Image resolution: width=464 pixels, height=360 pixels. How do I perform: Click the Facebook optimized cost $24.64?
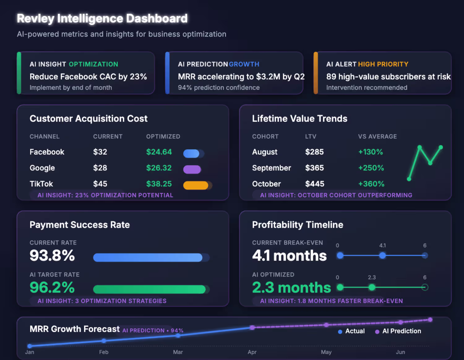[159, 152]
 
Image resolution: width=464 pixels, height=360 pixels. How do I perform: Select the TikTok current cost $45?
[100, 184]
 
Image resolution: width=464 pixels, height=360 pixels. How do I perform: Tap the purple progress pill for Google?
[192, 169]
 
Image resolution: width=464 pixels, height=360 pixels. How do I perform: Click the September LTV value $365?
[314, 168]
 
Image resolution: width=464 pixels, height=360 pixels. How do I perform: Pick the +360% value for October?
[371, 184]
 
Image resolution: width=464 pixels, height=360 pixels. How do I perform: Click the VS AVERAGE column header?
[377, 137]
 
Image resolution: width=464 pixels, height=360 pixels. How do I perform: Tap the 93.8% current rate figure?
[52, 256]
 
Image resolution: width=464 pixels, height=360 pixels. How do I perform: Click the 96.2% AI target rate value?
[52, 288]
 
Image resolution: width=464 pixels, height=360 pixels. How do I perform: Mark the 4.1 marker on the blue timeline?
[383, 255]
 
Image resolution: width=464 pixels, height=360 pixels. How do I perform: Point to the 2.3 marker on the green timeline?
[372, 288]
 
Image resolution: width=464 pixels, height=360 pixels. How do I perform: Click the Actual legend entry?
[352, 331]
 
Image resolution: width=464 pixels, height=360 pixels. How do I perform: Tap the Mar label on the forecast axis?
[178, 352]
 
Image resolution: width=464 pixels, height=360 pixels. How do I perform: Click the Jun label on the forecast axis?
[400, 352]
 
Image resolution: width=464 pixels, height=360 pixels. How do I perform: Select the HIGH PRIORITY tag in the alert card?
[383, 64]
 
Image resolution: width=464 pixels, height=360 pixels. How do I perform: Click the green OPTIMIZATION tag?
[93, 64]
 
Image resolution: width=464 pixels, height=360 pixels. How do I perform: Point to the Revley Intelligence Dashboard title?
[102, 19]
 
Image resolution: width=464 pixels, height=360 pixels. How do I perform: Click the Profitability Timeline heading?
[298, 225]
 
